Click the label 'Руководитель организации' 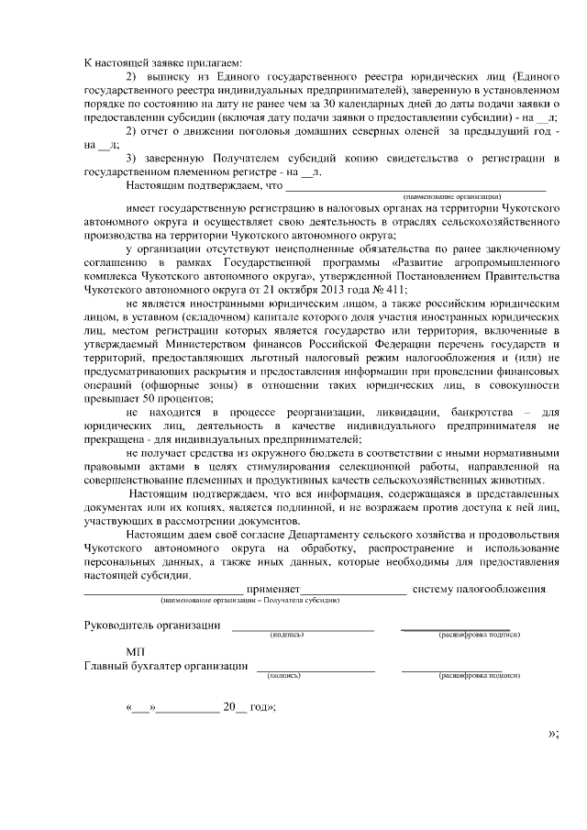152,625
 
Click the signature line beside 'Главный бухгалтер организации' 315,670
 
